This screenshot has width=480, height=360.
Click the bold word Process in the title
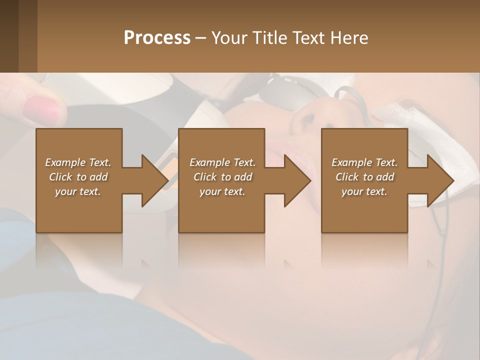click(x=157, y=38)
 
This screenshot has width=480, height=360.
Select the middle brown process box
click(x=221, y=215)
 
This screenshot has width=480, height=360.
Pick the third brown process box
click(x=364, y=215)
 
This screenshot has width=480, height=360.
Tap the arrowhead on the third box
click(x=439, y=180)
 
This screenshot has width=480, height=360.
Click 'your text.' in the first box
click(x=78, y=191)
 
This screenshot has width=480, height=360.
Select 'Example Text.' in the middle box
click(x=222, y=162)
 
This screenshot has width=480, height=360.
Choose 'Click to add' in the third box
click(x=365, y=177)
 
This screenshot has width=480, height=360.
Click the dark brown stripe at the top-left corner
click(x=9, y=35)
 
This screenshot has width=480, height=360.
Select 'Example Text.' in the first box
click(x=78, y=162)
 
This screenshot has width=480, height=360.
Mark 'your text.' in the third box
click(x=364, y=191)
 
